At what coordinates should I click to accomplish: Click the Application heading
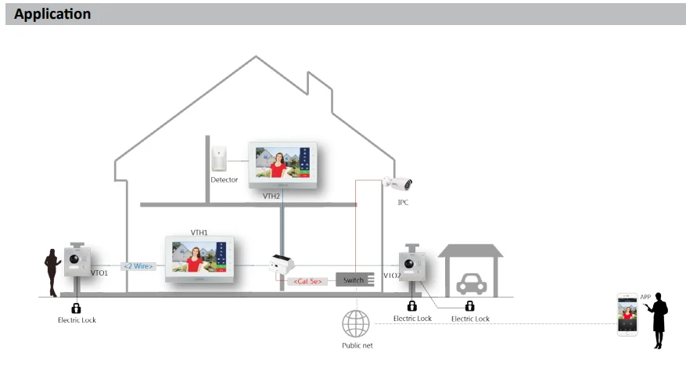(52, 15)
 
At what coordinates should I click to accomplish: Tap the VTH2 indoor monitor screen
(282, 165)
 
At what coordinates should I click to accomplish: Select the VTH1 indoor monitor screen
(199, 258)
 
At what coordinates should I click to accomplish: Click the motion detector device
(219, 157)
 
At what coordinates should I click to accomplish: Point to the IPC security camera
(399, 184)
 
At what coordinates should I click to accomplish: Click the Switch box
(354, 280)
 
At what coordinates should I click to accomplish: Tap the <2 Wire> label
(138, 266)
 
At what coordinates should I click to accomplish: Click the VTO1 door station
(78, 263)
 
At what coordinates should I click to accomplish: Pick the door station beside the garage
(412, 269)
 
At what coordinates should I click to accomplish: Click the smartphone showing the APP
(627, 316)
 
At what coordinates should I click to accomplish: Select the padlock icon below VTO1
(76, 308)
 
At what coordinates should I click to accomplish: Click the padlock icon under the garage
(470, 306)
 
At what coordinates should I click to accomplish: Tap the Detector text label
(224, 180)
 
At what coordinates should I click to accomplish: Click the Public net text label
(357, 345)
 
